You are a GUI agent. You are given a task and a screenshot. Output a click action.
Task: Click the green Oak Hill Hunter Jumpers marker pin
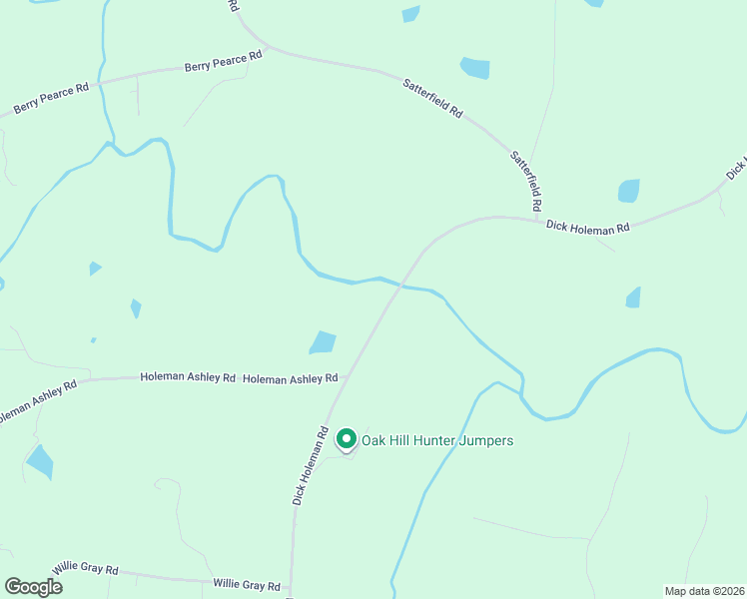tap(347, 438)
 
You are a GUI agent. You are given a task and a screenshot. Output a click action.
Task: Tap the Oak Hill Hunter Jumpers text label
tap(437, 440)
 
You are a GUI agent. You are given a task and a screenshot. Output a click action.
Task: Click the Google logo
tap(33, 586)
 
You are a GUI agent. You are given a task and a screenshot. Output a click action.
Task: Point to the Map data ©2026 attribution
tap(704, 591)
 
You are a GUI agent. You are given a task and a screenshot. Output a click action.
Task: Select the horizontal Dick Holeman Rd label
tap(588, 227)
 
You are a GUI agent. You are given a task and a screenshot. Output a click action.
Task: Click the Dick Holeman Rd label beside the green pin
tap(311, 466)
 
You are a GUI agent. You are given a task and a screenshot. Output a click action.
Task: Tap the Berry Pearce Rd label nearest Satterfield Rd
tap(223, 62)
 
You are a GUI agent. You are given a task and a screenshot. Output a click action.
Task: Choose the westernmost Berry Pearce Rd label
tap(51, 98)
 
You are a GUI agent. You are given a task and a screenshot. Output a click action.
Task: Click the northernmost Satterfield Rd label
tap(433, 99)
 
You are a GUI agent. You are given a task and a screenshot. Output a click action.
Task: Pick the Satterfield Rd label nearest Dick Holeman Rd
tap(526, 180)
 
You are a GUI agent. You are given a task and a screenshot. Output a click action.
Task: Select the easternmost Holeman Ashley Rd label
tap(291, 379)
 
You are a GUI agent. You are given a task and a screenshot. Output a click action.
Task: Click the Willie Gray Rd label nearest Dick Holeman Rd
tap(247, 584)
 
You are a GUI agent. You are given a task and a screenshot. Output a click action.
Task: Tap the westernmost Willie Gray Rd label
tap(86, 568)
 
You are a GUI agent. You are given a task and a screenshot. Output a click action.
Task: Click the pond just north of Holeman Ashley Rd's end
tap(323, 342)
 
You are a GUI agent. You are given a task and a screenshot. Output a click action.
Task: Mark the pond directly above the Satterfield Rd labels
tap(475, 68)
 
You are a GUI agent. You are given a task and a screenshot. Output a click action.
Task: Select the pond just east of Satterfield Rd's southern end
tap(628, 190)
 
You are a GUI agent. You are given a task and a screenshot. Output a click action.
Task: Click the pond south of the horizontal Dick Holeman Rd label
tap(633, 297)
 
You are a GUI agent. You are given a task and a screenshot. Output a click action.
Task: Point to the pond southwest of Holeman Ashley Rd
tap(40, 461)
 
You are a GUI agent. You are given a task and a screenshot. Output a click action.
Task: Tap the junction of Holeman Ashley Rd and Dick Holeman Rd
tap(342, 377)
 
